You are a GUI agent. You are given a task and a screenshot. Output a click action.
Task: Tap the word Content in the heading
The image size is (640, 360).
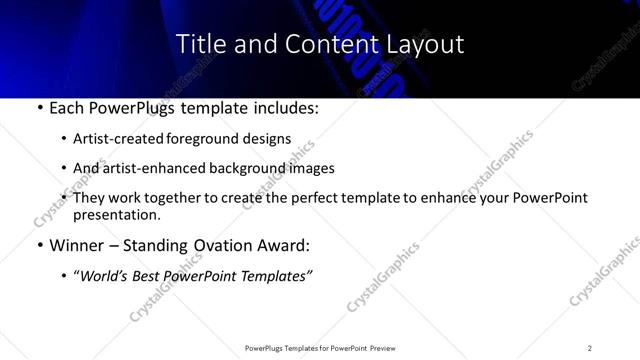coord(320,45)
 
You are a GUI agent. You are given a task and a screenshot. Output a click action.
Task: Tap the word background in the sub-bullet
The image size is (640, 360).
coord(254,168)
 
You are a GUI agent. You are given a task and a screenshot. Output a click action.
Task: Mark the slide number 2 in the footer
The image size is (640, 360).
coord(589,348)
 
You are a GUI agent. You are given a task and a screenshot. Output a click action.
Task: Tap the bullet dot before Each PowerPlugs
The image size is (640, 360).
coord(38,106)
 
